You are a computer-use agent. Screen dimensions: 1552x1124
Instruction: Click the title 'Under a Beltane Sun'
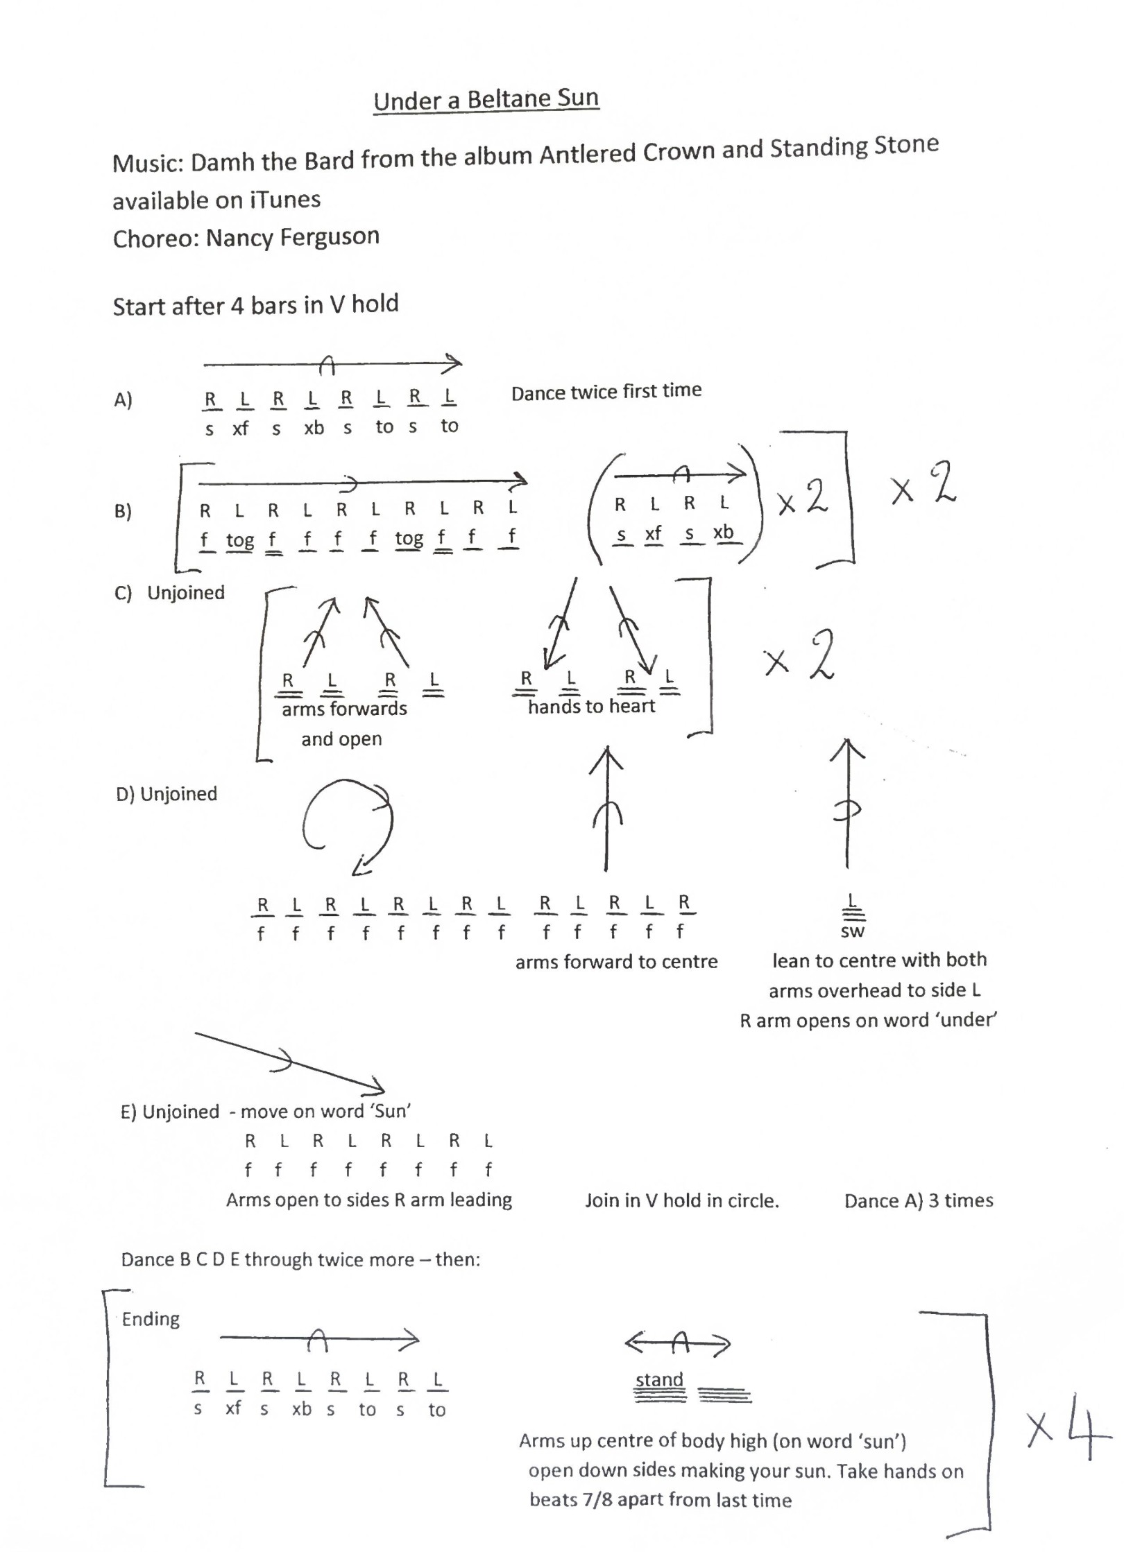486,100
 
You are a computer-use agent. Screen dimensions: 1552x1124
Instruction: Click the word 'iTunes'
285,200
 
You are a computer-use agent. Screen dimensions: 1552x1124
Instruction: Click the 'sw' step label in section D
852,931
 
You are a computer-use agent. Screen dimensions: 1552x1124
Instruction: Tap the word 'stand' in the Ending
659,1379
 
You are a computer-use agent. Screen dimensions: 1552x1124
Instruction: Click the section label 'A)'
123,400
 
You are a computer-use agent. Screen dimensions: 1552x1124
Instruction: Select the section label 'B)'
123,512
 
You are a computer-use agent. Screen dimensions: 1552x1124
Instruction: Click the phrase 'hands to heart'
591,707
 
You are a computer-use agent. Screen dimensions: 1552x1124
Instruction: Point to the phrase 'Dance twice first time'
606,392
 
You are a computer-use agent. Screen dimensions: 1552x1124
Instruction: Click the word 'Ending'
151,1318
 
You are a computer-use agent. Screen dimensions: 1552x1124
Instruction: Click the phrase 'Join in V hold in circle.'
681,1200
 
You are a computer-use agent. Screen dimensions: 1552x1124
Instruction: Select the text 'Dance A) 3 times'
918,1200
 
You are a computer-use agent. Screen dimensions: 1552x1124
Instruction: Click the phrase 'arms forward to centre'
616,962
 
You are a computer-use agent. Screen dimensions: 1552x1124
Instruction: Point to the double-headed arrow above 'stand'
678,1344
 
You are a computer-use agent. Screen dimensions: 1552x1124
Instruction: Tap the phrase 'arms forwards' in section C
344,709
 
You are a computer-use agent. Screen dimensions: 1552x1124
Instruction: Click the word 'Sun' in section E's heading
391,1112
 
